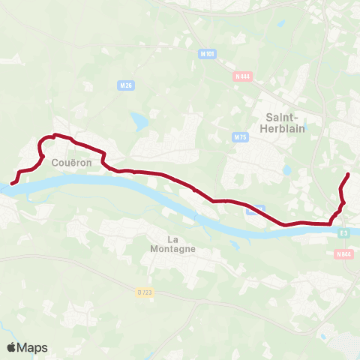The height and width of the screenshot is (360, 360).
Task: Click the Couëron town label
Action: click(x=72, y=161)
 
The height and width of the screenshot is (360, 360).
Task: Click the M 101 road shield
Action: click(x=208, y=54)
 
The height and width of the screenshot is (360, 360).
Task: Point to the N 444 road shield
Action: click(x=242, y=76)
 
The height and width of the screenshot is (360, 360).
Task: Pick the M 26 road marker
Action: click(x=126, y=86)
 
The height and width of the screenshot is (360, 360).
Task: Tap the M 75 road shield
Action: click(x=240, y=137)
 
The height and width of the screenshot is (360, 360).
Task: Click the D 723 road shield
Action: click(x=144, y=292)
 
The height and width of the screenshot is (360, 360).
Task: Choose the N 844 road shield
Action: click(x=343, y=254)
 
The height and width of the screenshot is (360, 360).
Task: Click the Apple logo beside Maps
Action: click(x=12, y=347)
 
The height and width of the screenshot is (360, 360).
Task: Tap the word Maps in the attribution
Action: click(x=33, y=347)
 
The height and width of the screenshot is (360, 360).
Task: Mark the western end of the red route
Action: click(x=12, y=183)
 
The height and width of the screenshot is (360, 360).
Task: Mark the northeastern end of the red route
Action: click(x=348, y=175)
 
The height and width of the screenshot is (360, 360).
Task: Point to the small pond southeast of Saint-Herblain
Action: click(x=286, y=170)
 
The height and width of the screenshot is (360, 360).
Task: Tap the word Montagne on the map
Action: click(x=172, y=249)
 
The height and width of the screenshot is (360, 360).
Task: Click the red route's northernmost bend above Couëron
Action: click(x=54, y=135)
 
